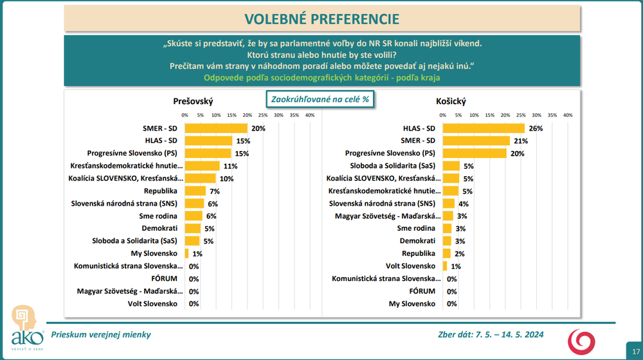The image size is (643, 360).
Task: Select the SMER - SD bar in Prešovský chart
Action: [216, 129]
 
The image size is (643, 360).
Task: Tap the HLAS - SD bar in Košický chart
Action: [484, 129]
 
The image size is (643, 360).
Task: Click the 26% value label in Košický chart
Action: [536, 129]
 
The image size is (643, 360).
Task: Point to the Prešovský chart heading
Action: [193, 102]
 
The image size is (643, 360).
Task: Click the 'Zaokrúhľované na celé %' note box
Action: [320, 99]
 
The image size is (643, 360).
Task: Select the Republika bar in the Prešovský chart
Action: [195, 191]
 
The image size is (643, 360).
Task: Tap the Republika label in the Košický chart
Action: [420, 253]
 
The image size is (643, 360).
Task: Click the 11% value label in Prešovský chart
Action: [230, 166]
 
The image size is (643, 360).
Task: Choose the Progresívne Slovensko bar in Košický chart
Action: [475, 154]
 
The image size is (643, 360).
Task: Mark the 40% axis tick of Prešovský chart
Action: [309, 115]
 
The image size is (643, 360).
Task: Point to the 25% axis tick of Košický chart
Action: [521, 115]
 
